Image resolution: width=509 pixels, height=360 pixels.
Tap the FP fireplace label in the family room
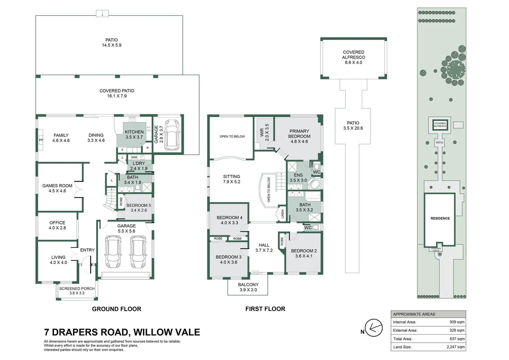(41, 140)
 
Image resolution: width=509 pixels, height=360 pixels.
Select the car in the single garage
(172, 135)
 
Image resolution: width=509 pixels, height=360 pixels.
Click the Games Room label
(57, 188)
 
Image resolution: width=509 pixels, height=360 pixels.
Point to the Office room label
(57, 225)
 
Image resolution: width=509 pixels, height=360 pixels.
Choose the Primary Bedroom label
(299, 136)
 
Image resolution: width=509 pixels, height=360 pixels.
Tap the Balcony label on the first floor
(248, 287)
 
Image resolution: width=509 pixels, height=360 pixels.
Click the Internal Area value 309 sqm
(457, 322)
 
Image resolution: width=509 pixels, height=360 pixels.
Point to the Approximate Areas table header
(414, 314)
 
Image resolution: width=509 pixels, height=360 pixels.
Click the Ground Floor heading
(117, 309)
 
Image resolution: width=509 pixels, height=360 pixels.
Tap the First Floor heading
(265, 309)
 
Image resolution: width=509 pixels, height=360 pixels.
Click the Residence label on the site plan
(440, 218)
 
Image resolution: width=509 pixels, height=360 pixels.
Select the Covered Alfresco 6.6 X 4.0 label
(353, 57)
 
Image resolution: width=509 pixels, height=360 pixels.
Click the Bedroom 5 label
(139, 208)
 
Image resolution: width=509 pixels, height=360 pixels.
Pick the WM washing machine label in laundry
(134, 157)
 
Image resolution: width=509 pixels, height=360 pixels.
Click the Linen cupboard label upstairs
(282, 214)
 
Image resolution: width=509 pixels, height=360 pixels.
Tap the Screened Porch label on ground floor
(77, 291)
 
